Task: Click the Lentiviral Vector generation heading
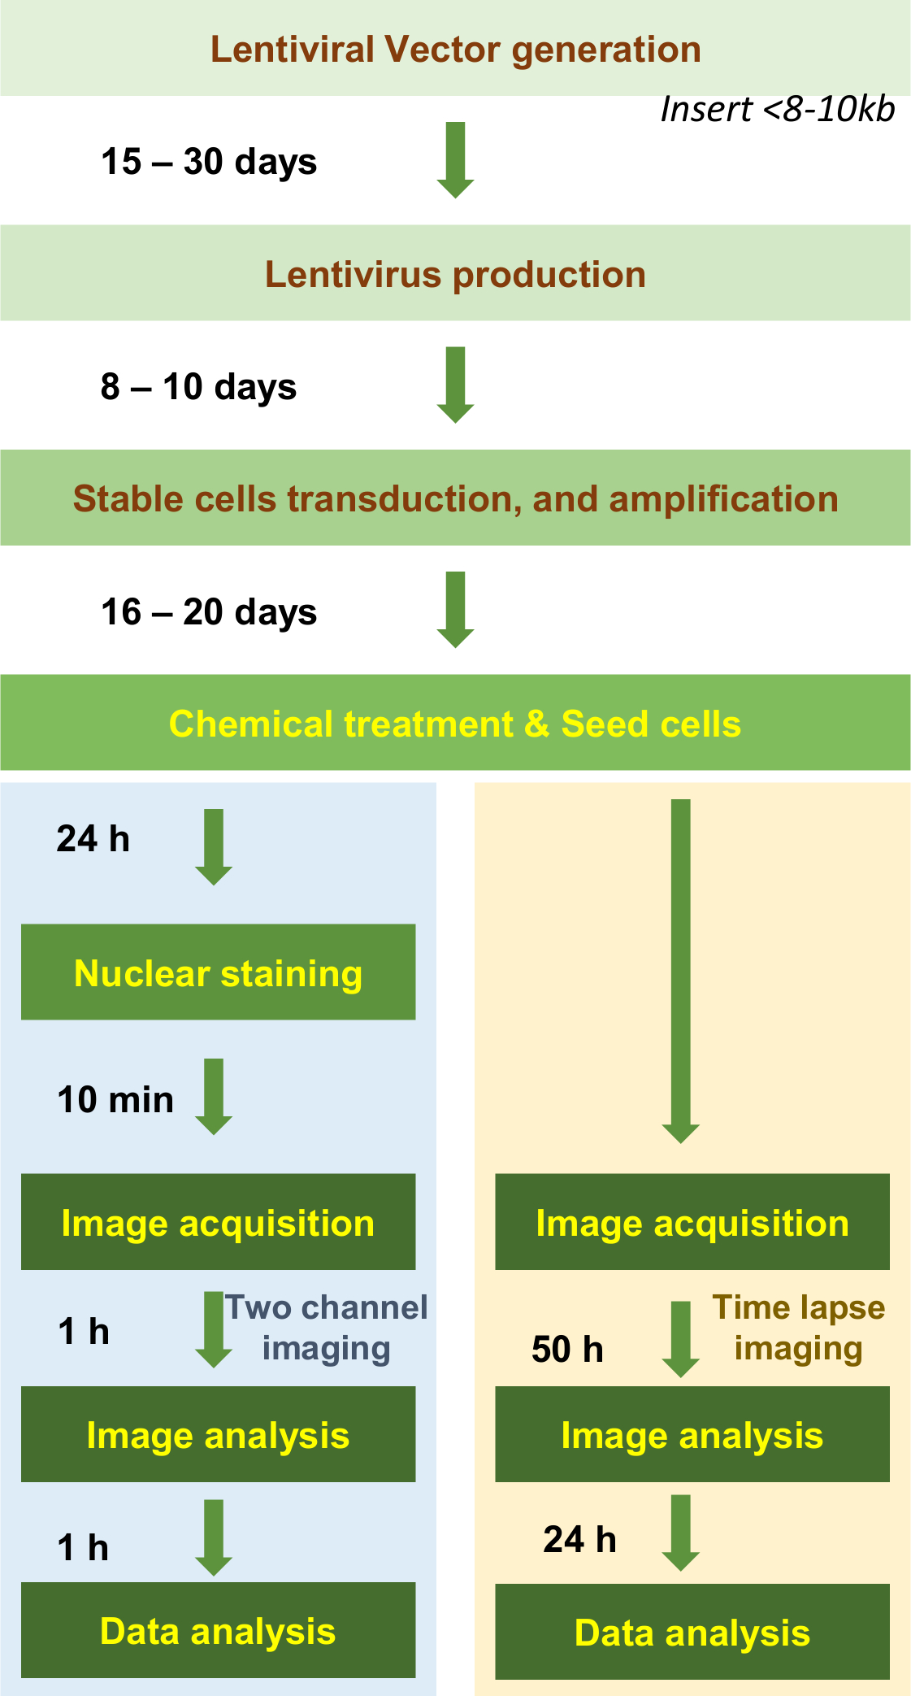pyautogui.click(x=455, y=50)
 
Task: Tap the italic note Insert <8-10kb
pyautogui.click(x=777, y=110)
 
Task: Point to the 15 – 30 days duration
pyautogui.click(x=209, y=162)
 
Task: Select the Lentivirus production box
pyautogui.click(x=455, y=274)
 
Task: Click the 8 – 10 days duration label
pyautogui.click(x=198, y=387)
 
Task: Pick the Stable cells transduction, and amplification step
pyautogui.click(x=455, y=498)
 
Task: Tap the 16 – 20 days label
pyautogui.click(x=209, y=612)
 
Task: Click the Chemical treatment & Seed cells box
pyautogui.click(x=455, y=724)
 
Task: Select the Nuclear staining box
pyautogui.click(x=218, y=973)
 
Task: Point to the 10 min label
pyautogui.click(x=115, y=1100)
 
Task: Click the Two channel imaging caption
pyautogui.click(x=326, y=1328)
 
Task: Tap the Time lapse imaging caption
pyautogui.click(x=799, y=1328)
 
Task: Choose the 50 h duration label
pyautogui.click(x=567, y=1350)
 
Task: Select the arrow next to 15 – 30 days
pyautogui.click(x=455, y=160)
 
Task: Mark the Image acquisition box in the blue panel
pyautogui.click(x=218, y=1222)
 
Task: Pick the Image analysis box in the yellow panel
pyautogui.click(x=692, y=1435)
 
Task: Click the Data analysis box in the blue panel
pyautogui.click(x=218, y=1630)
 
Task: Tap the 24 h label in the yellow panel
pyautogui.click(x=579, y=1540)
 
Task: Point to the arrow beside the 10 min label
pyautogui.click(x=214, y=1097)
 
